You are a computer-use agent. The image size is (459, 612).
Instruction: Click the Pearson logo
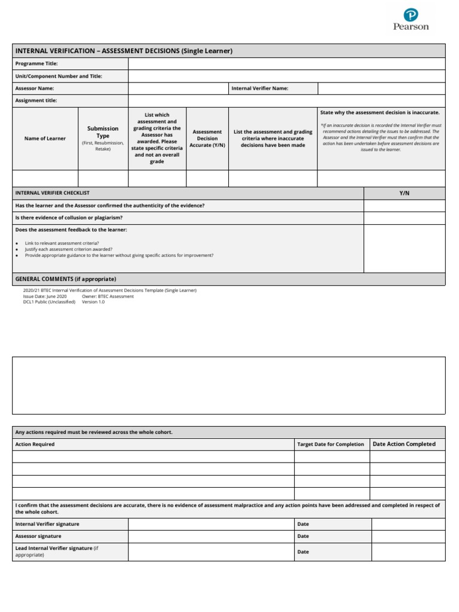[x=411, y=19]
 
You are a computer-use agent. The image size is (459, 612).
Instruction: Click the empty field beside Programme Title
[x=286, y=63]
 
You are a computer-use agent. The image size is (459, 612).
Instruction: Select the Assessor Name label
[x=35, y=88]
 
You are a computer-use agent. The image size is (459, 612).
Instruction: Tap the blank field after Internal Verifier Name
[x=381, y=88]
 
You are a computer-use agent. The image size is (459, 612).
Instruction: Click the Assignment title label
[x=36, y=100]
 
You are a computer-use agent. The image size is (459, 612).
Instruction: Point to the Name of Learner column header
[x=45, y=138]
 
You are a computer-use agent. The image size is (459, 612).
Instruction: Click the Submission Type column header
[x=103, y=132]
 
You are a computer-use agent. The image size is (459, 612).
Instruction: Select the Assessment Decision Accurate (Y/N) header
[x=207, y=138]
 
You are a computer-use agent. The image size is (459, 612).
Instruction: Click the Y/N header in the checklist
[x=404, y=193]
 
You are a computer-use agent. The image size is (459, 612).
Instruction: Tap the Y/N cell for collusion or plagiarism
[x=404, y=218]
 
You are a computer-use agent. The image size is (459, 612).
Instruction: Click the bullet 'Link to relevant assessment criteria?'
[x=62, y=243]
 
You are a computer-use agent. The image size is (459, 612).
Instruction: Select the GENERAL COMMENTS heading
[x=66, y=279]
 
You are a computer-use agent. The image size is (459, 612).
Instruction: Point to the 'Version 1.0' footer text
[x=93, y=302]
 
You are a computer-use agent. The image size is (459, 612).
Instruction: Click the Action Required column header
[x=35, y=444]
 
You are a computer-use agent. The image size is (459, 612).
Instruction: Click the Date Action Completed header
[x=404, y=444]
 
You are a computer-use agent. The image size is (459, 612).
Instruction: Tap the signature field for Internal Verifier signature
[x=211, y=524]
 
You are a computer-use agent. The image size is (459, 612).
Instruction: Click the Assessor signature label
[x=38, y=536]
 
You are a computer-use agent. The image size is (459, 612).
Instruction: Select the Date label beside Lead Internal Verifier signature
[x=303, y=552]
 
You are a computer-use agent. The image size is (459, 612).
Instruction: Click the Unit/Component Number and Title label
[x=59, y=76]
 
